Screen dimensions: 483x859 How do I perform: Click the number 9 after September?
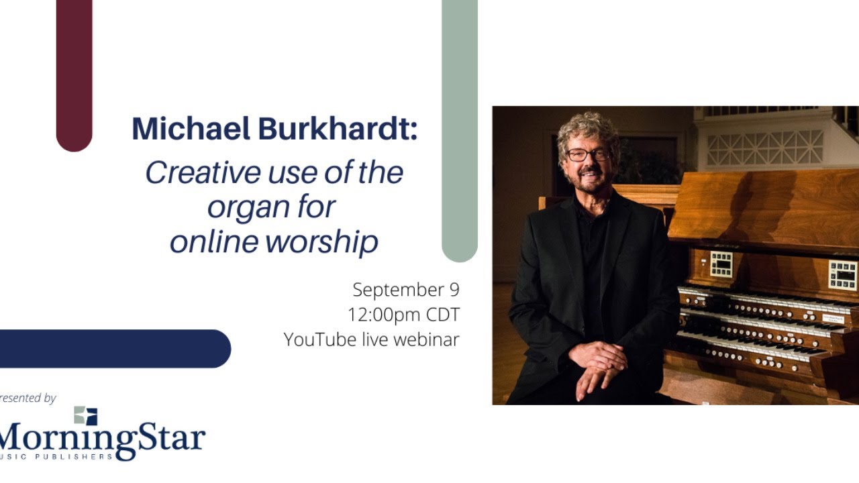[x=454, y=290]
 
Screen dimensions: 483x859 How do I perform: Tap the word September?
[x=397, y=290]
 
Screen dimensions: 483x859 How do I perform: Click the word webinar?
[x=427, y=339]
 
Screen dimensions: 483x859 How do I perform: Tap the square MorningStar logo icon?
[x=85, y=416]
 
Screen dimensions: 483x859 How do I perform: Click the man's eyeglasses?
[x=588, y=154]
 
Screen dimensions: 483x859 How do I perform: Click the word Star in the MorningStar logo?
[x=172, y=439]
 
